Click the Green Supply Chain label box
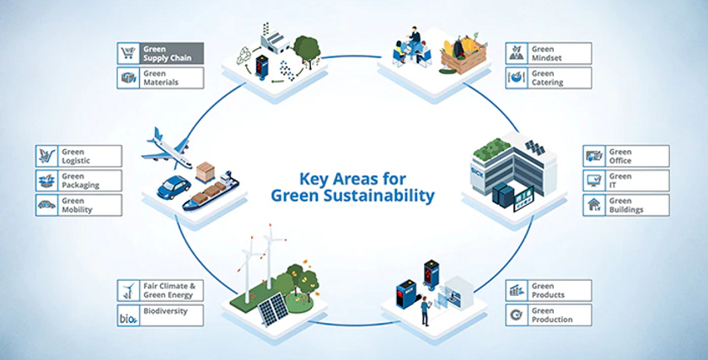point(160,53)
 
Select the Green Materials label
point(160,78)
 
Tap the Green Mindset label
point(549,53)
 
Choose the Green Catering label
point(549,78)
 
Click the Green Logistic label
point(78,156)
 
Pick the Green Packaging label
point(78,180)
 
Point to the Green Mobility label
point(78,205)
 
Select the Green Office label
point(626,156)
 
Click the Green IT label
point(626,180)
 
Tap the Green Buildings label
point(626,205)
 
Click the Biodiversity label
point(160,315)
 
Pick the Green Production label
point(549,315)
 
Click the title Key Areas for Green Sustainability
point(352,187)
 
